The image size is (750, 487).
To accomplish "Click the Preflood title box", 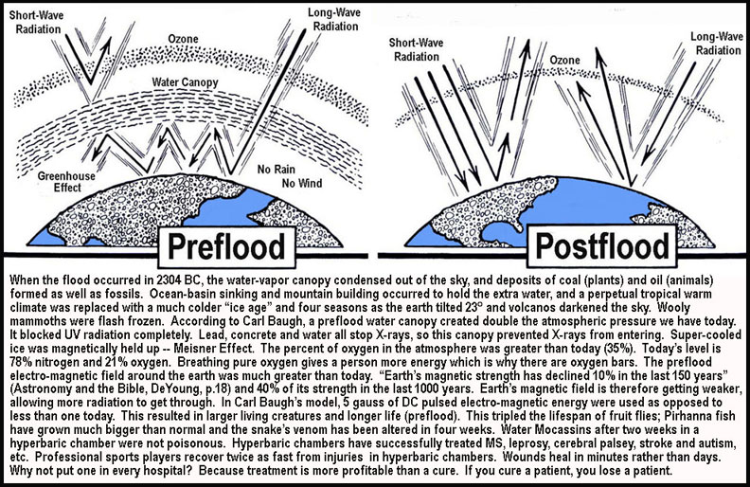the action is coord(226,247).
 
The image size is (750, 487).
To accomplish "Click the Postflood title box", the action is coord(601,246).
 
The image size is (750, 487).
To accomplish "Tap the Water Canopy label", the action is coord(185,82).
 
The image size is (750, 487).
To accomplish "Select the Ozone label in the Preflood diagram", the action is coord(183,39).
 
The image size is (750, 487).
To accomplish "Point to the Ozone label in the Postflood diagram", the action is coord(564,61).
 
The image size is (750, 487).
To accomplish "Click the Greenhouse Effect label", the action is coord(66,182).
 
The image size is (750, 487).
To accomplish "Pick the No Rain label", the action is coord(276,170).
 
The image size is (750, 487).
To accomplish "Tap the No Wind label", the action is coord(302,183).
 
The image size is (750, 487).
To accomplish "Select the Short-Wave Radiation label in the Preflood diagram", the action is coord(36,22).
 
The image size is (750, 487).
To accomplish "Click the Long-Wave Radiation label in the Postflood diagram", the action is coord(717,43).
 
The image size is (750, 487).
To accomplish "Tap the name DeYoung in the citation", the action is coord(208,389).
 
